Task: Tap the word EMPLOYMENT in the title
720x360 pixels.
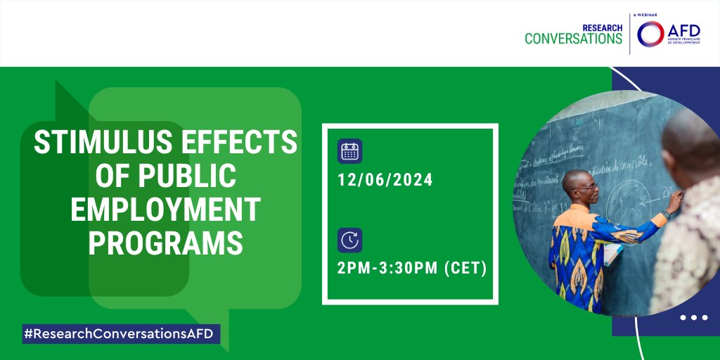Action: point(165,210)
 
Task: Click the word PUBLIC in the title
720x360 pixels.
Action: point(188,176)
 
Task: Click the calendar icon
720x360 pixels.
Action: point(349,151)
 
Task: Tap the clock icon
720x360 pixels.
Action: point(349,240)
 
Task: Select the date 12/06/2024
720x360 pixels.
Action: point(385,180)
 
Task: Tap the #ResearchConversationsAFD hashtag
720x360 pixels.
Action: point(120,334)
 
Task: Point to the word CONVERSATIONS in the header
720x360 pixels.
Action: point(573,39)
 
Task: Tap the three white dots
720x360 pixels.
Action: point(693,318)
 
